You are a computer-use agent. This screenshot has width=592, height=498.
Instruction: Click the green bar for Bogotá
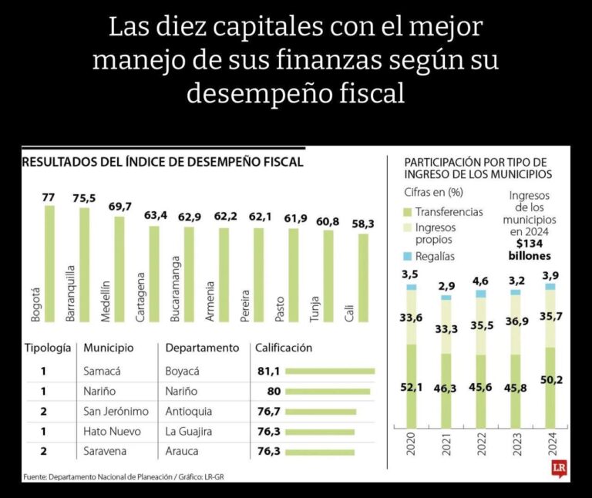pos(49,263)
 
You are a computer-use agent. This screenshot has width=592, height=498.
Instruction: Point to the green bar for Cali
pos(363,278)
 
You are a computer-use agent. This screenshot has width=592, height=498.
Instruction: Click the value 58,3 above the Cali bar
pos(363,224)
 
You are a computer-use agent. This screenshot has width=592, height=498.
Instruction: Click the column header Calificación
pos(284,348)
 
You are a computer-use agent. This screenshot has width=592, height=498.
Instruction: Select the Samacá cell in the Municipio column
pos(102,371)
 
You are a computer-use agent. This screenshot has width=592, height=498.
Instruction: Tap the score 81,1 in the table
pos(269,371)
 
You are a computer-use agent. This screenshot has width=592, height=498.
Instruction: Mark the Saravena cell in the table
pos(104,452)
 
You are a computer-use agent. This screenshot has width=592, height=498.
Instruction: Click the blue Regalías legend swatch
pos(409,256)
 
